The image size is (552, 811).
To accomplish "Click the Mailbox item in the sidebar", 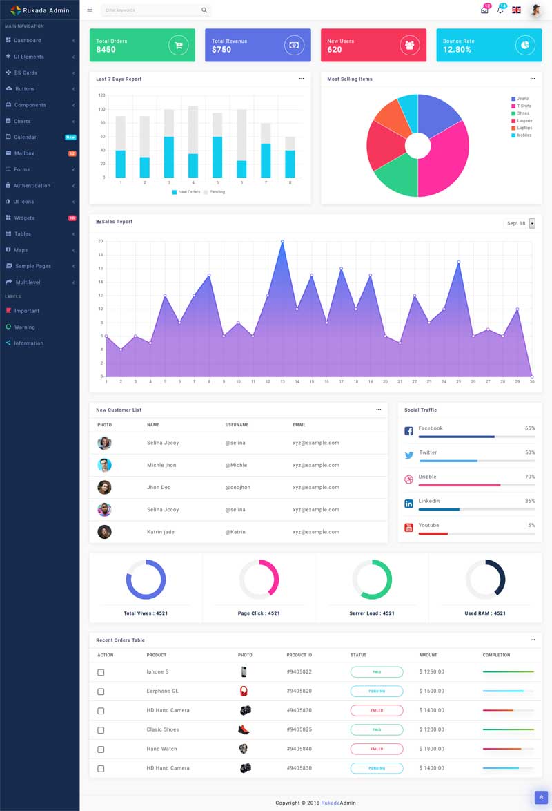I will (x=24, y=153).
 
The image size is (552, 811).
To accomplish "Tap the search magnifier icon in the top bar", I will (x=204, y=10).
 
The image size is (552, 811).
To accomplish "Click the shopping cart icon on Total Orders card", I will (x=179, y=46).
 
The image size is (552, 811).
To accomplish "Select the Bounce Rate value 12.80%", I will (x=457, y=50).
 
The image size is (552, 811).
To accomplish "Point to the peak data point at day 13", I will (x=282, y=242).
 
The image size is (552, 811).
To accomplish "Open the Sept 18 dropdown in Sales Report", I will (x=532, y=223).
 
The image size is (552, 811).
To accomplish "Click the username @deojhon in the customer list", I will (x=237, y=488).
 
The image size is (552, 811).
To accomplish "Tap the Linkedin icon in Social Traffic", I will (x=408, y=504).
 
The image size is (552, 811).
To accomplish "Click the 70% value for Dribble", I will (x=530, y=477).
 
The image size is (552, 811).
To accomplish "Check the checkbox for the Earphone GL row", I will (x=101, y=691).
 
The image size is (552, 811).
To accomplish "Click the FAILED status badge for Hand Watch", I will (x=377, y=749).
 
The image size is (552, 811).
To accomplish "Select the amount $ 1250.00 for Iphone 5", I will (x=431, y=671).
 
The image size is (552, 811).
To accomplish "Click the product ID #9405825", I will (x=299, y=729).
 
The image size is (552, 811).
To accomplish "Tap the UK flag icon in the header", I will (x=516, y=10).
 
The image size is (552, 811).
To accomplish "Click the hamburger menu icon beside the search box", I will (x=90, y=10).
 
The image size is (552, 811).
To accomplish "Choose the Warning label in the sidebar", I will (x=24, y=327).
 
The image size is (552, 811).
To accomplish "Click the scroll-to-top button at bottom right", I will (x=541, y=797).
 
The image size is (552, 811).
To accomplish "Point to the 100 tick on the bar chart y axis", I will (x=101, y=109).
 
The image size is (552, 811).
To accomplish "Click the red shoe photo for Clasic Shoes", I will (x=244, y=729).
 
